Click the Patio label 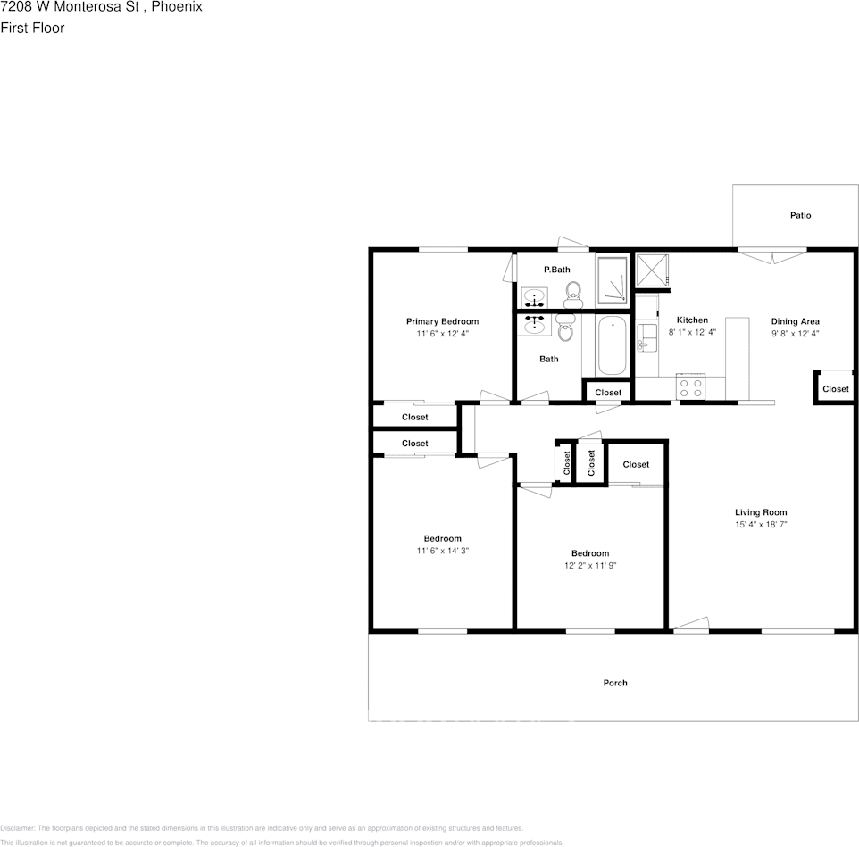pyautogui.click(x=800, y=215)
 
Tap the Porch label pyautogui.click(x=614, y=683)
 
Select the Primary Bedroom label pyautogui.click(x=442, y=321)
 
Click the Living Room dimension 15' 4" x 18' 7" pyautogui.click(x=761, y=525)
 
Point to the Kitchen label pyautogui.click(x=692, y=320)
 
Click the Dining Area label pyautogui.click(x=795, y=321)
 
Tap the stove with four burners pyautogui.click(x=691, y=386)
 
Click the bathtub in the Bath pyautogui.click(x=613, y=346)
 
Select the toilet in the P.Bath pyautogui.click(x=572, y=292)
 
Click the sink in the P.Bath pyautogui.click(x=535, y=296)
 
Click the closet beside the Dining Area pyautogui.click(x=835, y=388)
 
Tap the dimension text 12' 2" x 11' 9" pyautogui.click(x=590, y=565)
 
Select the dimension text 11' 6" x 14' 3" pyautogui.click(x=442, y=551)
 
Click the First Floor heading pyautogui.click(x=32, y=28)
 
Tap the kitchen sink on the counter pyautogui.click(x=646, y=338)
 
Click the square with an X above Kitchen pyautogui.click(x=651, y=270)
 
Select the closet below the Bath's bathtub pyautogui.click(x=607, y=392)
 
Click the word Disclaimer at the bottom pyautogui.click(x=17, y=828)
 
